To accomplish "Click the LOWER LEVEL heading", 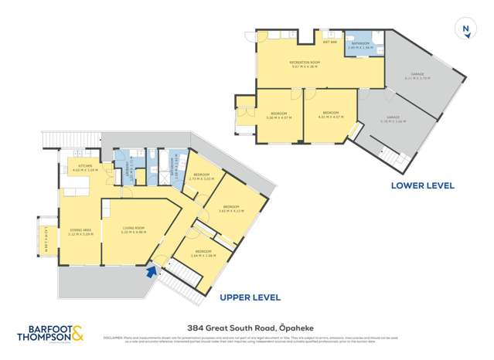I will coord(422,185).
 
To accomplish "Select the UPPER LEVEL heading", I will coord(250,297).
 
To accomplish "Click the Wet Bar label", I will coord(329,42).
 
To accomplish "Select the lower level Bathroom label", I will coord(359,44).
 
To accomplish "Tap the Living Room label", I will coord(134,228).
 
